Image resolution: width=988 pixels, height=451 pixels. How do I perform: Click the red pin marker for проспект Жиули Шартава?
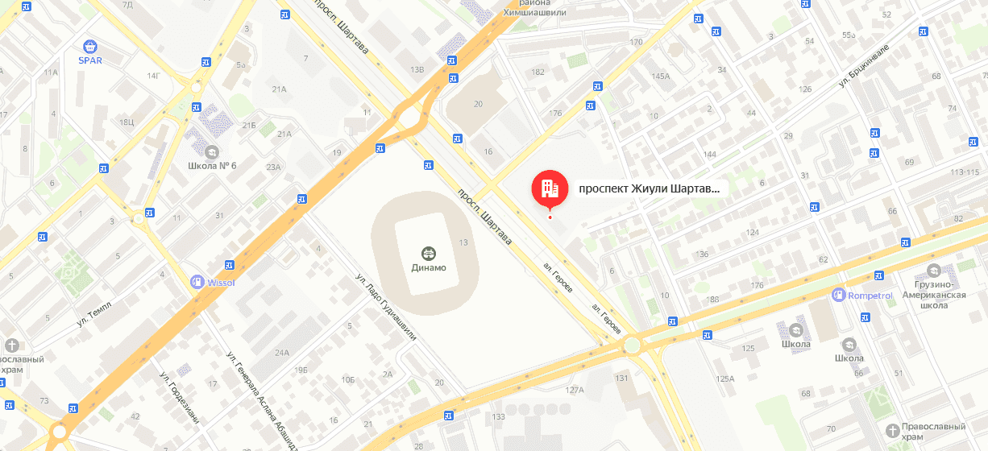pyautogui.click(x=550, y=189)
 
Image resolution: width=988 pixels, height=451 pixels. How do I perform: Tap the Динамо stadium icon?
pyautogui.click(x=428, y=252)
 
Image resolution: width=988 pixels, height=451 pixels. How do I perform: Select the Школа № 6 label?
pyautogui.click(x=210, y=166)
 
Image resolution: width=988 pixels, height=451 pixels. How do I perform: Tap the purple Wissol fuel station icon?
pyautogui.click(x=196, y=281)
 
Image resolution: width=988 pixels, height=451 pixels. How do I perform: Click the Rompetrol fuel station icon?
pyautogui.click(x=839, y=296)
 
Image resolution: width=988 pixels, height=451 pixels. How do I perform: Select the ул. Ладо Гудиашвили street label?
pyautogui.click(x=386, y=307)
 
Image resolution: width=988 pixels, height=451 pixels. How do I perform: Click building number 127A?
pyautogui.click(x=574, y=390)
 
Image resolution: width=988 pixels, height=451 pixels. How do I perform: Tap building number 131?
pyautogui.click(x=621, y=378)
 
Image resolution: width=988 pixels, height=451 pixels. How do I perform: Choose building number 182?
pyautogui.click(x=538, y=72)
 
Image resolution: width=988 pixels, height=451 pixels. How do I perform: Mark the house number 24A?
pyautogui.click(x=281, y=353)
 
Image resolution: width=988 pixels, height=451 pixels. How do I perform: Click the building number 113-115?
pyautogui.click(x=969, y=172)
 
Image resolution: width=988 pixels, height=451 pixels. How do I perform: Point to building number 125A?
pyautogui.click(x=725, y=379)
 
